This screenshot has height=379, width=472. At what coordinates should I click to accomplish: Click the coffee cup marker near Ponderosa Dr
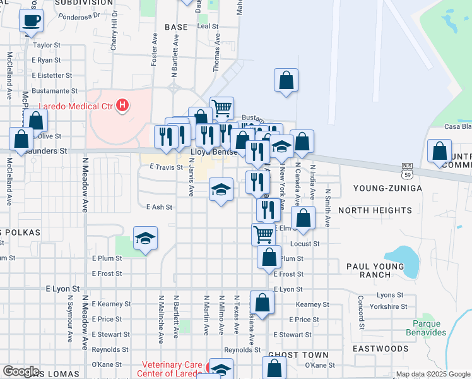pos(31,21)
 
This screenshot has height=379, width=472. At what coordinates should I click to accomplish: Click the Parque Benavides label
pos(425,328)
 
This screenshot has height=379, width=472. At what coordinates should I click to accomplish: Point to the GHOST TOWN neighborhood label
pos(291,355)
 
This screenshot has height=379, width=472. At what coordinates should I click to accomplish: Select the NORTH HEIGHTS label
pos(375,210)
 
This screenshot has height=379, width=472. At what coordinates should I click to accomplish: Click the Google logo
pos(21,371)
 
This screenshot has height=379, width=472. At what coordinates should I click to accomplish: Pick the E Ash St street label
pos(159,207)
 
